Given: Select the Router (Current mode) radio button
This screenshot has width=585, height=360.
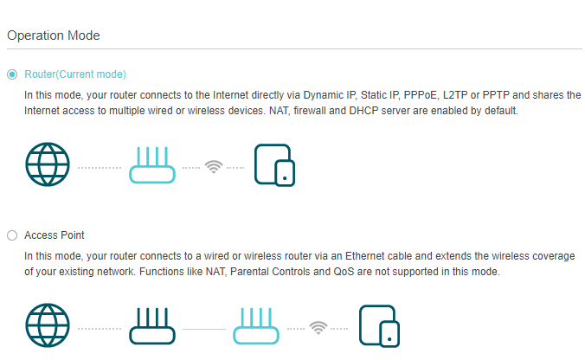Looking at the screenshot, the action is (x=12, y=74).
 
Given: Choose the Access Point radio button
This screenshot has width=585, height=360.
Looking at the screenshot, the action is (x=12, y=235).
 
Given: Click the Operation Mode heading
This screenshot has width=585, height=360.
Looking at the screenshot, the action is (x=54, y=35).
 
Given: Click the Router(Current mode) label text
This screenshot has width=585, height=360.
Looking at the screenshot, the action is (x=75, y=74).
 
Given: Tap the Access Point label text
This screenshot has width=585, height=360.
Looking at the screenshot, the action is (x=55, y=235).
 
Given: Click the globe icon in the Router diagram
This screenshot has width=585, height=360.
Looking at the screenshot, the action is (x=48, y=164).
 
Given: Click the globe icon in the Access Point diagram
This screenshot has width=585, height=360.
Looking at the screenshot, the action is (x=48, y=325).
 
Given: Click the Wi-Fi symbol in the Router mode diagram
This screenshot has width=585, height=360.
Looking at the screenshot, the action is (x=214, y=167).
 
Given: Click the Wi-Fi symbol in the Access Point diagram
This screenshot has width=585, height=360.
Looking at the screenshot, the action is (x=318, y=328).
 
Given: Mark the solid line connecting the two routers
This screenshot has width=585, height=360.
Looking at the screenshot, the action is (x=204, y=329).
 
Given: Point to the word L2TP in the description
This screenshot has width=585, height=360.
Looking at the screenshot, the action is (x=455, y=95).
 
